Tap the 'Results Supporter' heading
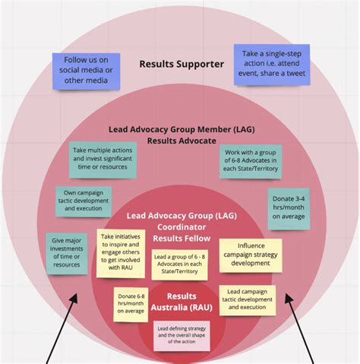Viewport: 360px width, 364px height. point(182,64)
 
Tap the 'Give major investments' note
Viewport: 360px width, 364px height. point(65,253)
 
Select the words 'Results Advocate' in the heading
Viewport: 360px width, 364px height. point(182,141)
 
